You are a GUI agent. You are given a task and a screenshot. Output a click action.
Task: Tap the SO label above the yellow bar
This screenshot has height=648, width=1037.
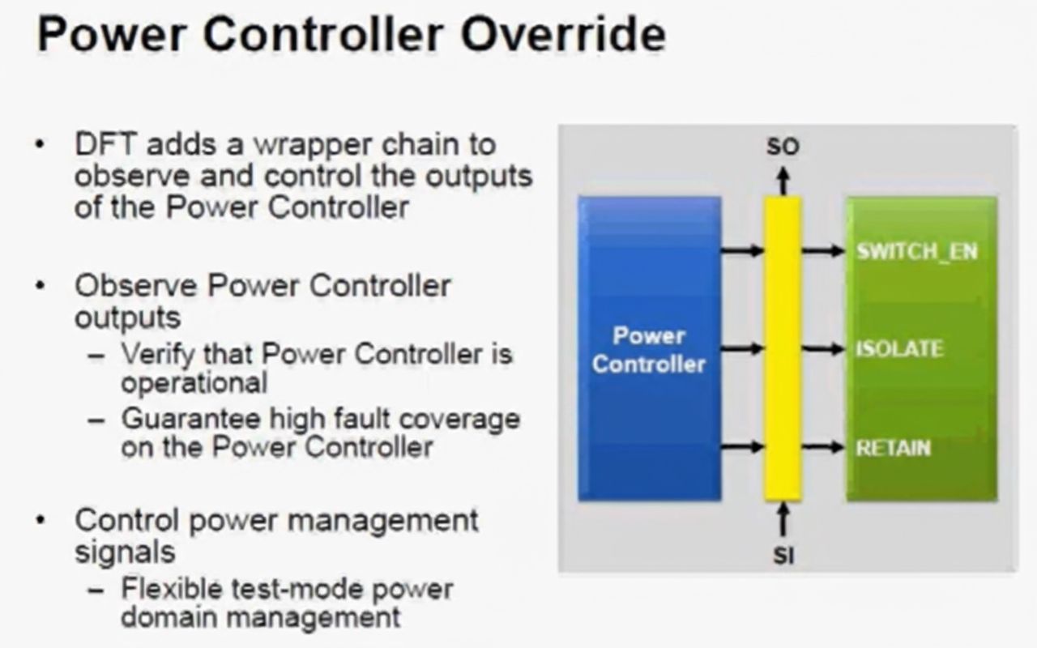(783, 147)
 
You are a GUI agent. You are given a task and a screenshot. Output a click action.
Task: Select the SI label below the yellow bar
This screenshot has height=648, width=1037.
(783, 556)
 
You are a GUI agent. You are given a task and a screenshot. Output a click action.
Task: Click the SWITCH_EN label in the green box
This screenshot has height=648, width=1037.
(916, 251)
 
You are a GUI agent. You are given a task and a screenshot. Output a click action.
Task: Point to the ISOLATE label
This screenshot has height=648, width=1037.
(900, 349)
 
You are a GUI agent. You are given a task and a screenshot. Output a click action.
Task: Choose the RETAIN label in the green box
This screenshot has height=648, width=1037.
(894, 447)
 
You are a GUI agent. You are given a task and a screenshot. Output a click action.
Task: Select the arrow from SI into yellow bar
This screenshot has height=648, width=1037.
(783, 519)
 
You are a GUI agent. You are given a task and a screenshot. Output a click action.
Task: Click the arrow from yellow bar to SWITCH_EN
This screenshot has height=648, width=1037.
(823, 251)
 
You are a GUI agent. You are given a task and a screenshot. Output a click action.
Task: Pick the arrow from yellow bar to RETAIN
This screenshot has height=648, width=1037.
(823, 447)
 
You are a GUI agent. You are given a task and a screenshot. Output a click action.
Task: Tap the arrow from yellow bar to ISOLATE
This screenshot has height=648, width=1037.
(823, 349)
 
